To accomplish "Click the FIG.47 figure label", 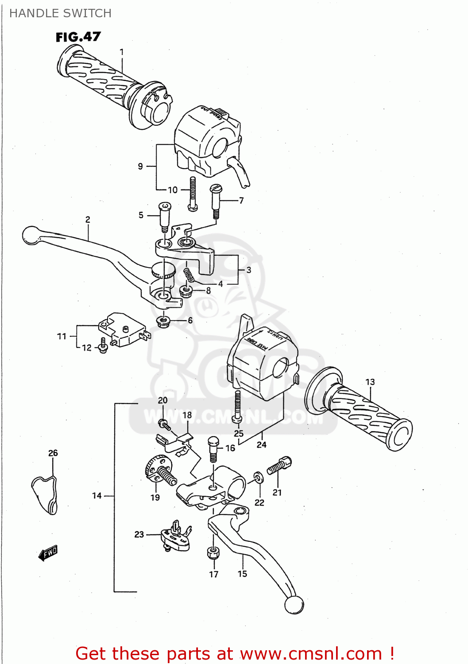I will [x=78, y=37].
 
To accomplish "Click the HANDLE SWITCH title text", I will [x=60, y=13].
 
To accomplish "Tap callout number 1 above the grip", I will [x=122, y=52].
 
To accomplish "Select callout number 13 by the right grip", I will [x=370, y=382].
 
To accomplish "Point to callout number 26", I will [x=53, y=453].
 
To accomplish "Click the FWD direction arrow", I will [x=48, y=553].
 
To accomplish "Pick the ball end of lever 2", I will [x=31, y=235].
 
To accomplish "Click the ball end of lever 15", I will [x=294, y=605].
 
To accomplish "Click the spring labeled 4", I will [x=189, y=274].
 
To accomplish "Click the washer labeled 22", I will [x=258, y=477].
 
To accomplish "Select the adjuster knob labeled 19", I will [x=159, y=471].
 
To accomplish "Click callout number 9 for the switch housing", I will [x=140, y=166].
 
